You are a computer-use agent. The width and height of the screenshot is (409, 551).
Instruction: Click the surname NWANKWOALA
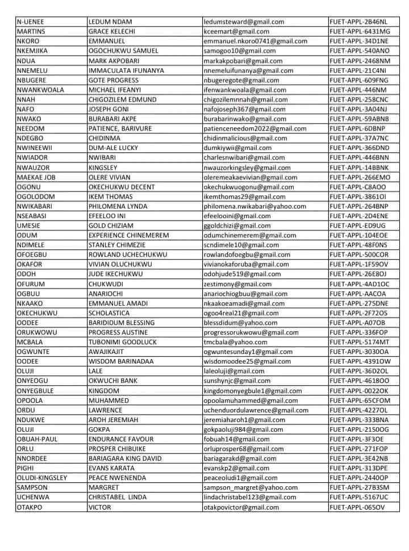coord(40,90)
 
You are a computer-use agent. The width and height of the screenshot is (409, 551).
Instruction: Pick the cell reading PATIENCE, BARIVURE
coord(120,128)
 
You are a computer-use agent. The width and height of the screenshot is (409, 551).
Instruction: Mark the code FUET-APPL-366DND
coord(360,148)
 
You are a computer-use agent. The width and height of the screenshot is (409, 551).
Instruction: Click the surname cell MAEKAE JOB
coord(36,177)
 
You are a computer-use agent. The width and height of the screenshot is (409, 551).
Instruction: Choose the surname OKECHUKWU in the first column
coord(37,313)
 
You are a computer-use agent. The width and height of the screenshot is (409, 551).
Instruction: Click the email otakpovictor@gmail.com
coord(241,507)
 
